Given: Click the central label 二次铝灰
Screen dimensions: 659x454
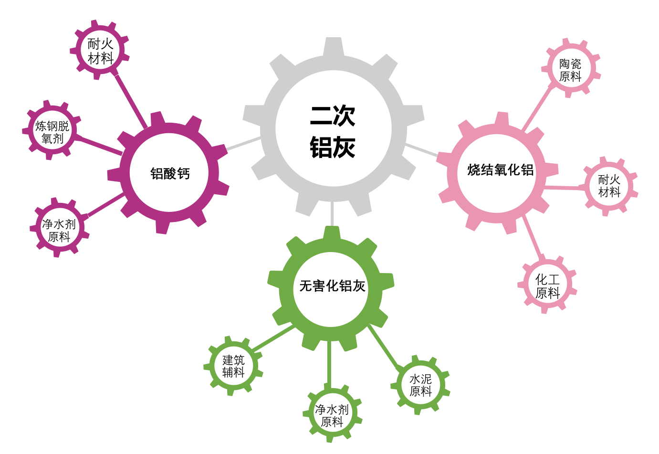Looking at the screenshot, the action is coord(333,132).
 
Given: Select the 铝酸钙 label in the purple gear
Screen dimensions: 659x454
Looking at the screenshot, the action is coord(170,173).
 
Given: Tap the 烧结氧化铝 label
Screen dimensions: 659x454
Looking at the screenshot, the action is coord(500,170).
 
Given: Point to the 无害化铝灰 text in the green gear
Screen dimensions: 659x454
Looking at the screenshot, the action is coord(333,285).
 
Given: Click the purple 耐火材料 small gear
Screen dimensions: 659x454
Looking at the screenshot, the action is coord(100,50).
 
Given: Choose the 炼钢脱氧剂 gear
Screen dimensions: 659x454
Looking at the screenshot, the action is coord(52,130).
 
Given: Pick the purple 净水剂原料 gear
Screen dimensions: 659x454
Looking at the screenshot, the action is coord(60,227).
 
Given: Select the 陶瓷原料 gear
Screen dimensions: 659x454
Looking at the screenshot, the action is coord(571,68).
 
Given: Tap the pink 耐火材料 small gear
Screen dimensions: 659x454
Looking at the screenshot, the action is coord(608,186).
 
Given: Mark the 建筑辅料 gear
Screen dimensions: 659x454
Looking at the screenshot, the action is coord(233,366).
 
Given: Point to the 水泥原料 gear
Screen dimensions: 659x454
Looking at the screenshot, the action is coord(420,385).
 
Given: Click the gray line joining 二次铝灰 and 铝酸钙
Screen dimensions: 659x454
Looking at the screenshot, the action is coord(243,144).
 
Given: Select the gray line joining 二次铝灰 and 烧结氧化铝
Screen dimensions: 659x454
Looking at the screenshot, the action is coord(421,150).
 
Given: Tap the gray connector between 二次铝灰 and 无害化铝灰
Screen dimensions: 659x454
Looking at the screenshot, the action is coord(332,213).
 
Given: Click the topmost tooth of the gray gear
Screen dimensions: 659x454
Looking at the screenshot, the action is coord(334,46).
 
